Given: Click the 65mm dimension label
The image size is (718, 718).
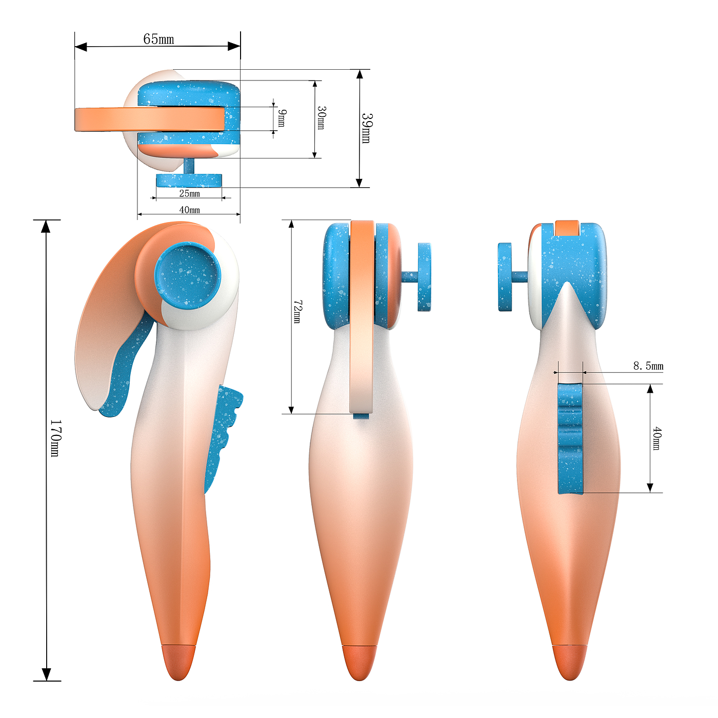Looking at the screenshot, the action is coord(158,39).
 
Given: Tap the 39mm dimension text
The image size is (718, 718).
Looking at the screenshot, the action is coord(366,128).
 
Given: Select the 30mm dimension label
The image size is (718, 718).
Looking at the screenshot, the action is coord(321,118).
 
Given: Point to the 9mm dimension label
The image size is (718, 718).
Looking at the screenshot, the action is coord(282,118).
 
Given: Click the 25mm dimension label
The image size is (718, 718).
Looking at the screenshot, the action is coord(189,193).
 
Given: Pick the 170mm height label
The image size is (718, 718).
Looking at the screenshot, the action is coord(55,438).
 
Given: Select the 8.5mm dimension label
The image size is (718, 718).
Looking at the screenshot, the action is coord(648,366).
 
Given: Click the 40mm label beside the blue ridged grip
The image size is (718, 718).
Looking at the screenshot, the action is coord(656,438).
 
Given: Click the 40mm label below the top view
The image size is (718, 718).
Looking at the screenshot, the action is coord(189,210).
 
